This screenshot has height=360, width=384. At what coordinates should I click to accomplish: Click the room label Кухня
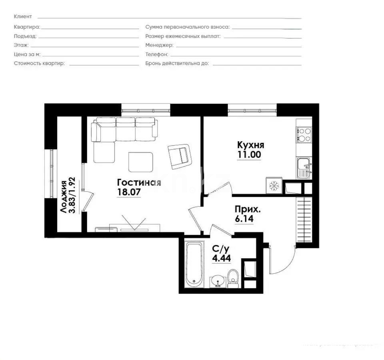point(250,145)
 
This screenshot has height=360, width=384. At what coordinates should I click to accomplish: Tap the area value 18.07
point(129,192)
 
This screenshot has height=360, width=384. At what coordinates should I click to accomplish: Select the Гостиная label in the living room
point(139,182)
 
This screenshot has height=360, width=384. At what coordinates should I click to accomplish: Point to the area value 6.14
point(244,219)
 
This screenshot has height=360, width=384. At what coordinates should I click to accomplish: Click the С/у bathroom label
point(221,248)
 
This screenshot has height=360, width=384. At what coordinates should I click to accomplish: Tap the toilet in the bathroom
point(233,278)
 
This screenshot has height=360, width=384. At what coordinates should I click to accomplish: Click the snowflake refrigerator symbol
point(274,186)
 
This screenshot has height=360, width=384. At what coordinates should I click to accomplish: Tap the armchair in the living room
point(180,155)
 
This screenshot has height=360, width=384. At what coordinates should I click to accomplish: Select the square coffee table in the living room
point(140,162)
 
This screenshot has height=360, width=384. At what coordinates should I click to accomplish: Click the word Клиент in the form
point(23,16)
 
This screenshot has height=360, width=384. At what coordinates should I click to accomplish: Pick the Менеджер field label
point(159,45)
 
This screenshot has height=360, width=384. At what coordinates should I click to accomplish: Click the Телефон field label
point(156,54)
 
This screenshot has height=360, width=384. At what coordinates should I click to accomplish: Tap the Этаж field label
point(21,45)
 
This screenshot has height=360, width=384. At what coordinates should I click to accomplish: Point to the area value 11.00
point(249,155)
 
